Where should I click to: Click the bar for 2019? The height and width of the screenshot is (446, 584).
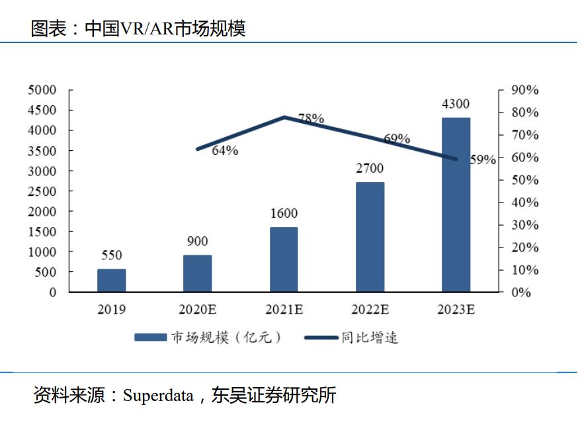(111, 281)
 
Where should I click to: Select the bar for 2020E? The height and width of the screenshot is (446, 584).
(197, 273)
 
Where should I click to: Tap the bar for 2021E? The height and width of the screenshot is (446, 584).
(284, 259)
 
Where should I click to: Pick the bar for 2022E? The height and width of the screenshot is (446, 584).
(370, 237)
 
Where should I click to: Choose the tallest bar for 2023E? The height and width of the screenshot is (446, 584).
(456, 204)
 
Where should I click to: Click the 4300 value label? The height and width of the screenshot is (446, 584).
(456, 104)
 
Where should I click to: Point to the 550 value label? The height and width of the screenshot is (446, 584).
(111, 255)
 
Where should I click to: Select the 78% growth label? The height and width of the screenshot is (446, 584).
(311, 119)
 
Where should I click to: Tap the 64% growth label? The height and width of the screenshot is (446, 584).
(225, 150)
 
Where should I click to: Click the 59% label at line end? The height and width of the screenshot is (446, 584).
(483, 159)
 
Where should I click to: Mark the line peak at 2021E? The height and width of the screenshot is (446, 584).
(284, 117)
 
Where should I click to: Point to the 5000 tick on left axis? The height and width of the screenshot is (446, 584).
(42, 90)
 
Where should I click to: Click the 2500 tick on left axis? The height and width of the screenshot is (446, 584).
(42, 191)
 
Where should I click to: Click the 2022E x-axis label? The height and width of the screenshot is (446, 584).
(370, 309)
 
